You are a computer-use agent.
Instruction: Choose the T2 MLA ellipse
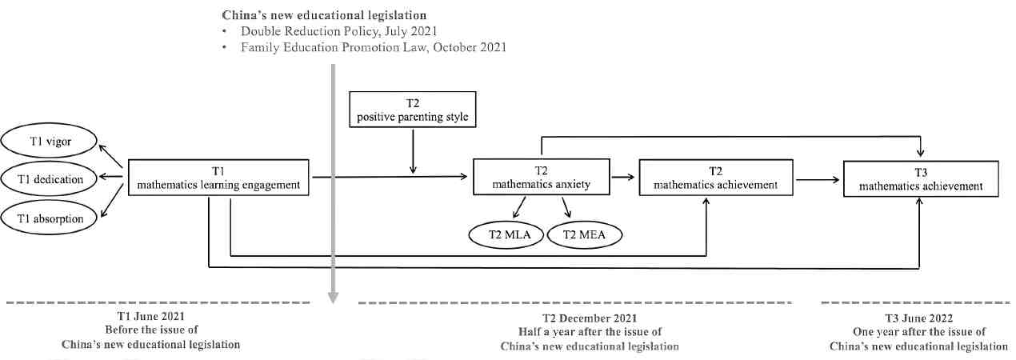506,234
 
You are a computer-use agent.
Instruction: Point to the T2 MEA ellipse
584,234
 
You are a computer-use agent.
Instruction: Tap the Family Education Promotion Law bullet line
374,47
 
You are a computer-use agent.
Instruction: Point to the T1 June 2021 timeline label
151,317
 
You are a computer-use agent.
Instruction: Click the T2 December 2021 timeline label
590,317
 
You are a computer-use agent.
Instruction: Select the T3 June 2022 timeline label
918,317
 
